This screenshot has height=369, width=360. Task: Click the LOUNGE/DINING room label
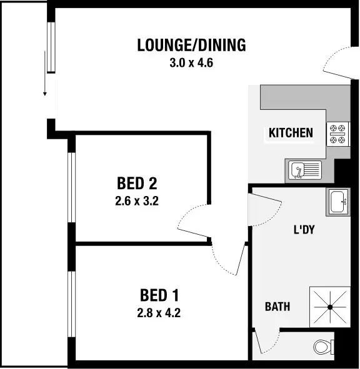[x=191, y=46]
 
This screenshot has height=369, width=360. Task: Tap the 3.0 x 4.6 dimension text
[x=191, y=62]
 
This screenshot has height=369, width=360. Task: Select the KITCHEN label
[x=291, y=132]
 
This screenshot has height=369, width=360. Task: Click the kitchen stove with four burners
[x=338, y=132]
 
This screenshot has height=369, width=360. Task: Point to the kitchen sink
[x=304, y=169]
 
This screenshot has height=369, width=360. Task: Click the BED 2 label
[x=136, y=184]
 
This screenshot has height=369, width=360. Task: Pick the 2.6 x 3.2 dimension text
[x=136, y=201]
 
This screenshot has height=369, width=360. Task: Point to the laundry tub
[x=338, y=201]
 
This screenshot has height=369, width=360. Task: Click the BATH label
[x=277, y=307]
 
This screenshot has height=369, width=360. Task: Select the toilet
[x=323, y=346]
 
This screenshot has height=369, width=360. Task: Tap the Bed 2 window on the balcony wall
[x=72, y=187]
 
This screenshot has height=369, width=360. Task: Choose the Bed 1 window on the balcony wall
[x=72, y=300]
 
